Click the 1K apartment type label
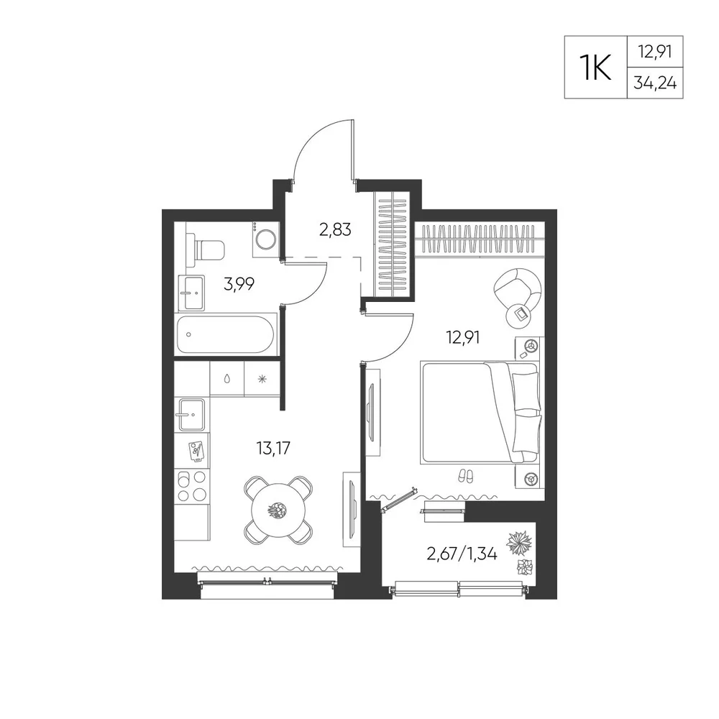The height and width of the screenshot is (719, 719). coord(595,67)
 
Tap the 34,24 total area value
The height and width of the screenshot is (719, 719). coord(655,83)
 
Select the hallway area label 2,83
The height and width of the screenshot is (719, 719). coord(335,229)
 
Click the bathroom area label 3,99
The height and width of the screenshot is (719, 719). coord(239,284)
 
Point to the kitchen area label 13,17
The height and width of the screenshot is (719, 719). coord(273,447)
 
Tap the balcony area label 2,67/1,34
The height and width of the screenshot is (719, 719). coord(462,554)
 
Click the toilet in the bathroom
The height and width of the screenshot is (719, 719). coord(206,249)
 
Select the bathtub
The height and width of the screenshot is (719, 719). coord(226,334)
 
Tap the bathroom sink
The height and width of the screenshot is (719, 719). coord(192,293)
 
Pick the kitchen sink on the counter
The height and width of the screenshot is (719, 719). coord(192,415)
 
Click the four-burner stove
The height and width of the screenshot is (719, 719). coord(192,486)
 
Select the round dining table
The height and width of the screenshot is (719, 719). coord(277,509)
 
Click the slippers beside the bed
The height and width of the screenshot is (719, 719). coord(466,476)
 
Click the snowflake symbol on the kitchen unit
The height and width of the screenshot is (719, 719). coord(262,379)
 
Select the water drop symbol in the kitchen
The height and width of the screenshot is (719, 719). coord(227,379)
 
